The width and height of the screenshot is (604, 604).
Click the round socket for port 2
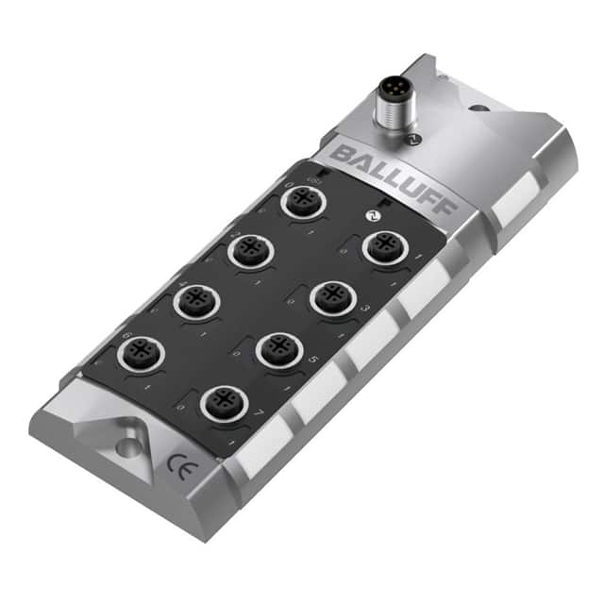(x=250, y=251)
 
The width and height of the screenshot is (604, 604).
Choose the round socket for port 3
(x=330, y=297)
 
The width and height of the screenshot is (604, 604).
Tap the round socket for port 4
(x=195, y=304)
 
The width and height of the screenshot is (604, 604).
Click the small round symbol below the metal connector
(x=409, y=138)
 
